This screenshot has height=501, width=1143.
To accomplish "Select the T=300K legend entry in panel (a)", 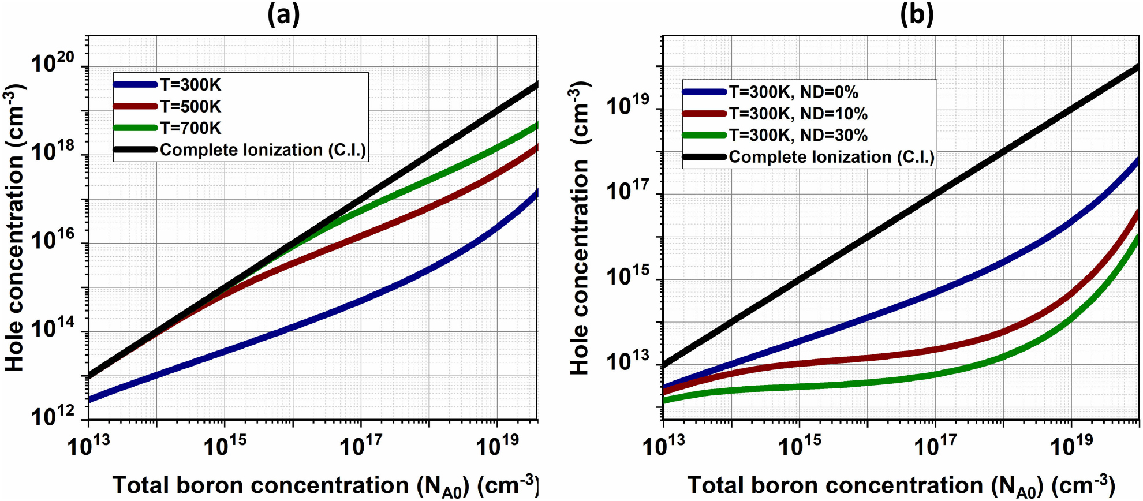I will tap(190, 85).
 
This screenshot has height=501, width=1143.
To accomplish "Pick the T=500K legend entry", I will tap(190, 106).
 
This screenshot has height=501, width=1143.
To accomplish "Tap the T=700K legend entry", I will tap(190, 128).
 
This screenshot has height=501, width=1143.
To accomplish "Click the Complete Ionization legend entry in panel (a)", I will tap(263, 150).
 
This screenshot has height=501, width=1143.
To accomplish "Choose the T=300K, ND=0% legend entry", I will tap(793, 92).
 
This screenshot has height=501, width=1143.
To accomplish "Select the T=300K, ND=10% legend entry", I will tap(798, 113).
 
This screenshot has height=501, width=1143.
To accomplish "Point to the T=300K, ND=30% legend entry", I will tap(798, 135).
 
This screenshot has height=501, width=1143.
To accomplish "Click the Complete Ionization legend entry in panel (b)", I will tap(831, 157).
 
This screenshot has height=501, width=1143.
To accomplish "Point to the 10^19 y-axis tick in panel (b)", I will tap(627, 104).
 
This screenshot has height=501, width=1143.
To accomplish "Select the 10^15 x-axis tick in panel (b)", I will tap(800, 445).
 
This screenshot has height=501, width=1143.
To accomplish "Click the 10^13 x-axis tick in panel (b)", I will tap(664, 445).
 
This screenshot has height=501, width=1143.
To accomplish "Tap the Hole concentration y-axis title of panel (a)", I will tap(15, 228).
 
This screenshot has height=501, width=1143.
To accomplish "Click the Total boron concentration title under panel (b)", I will tap(901, 485).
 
